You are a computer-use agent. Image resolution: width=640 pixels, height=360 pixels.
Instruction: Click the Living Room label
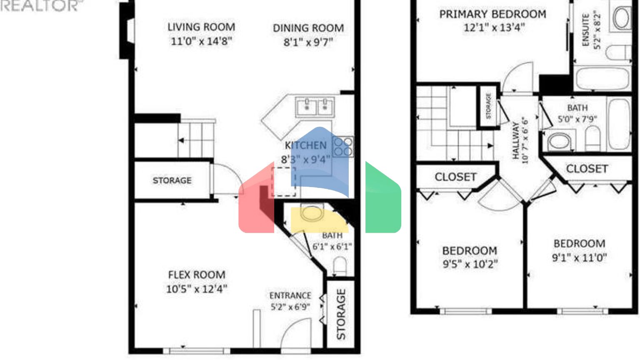coord(201,27)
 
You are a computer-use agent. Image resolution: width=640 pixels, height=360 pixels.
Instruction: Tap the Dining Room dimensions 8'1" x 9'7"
coord(308,42)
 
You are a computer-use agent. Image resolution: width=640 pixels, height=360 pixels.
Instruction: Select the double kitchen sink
coord(315,107)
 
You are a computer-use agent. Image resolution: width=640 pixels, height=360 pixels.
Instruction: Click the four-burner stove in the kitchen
coord(343,147)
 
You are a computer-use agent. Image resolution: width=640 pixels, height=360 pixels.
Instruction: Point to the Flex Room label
coord(197,275)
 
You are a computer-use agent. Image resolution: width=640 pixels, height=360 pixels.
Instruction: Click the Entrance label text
coord(290,295)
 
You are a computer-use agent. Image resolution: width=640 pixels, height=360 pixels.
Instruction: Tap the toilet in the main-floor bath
coord(340,266)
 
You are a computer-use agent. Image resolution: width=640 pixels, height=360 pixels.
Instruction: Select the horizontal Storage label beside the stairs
coord(172,180)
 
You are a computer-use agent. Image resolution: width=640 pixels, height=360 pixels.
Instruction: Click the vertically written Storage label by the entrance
coord(341,314)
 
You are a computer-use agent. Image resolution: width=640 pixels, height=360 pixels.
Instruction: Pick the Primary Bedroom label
coord(492,14)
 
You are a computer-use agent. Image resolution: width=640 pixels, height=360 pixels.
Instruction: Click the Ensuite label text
coord(585,30)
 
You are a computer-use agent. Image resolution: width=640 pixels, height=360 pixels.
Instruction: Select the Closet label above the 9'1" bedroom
coord(587,169)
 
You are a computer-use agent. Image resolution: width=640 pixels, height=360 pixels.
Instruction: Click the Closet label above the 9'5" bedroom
coord(455,177)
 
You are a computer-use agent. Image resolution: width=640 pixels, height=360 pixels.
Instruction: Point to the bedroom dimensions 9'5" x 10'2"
coord(470,264)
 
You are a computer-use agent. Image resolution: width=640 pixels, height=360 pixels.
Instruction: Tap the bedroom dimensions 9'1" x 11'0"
coord(579,257)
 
